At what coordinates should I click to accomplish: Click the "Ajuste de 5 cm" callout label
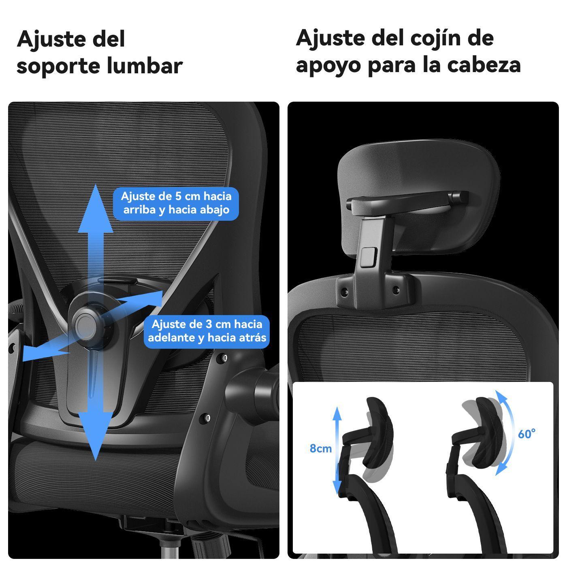tap(176, 203)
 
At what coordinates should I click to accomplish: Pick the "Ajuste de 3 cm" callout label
tap(207, 330)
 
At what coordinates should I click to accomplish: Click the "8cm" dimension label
tap(320, 448)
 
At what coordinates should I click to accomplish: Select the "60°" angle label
tap(526, 434)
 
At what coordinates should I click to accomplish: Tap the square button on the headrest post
tap(368, 257)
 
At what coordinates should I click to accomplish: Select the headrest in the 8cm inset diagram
tap(379, 433)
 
